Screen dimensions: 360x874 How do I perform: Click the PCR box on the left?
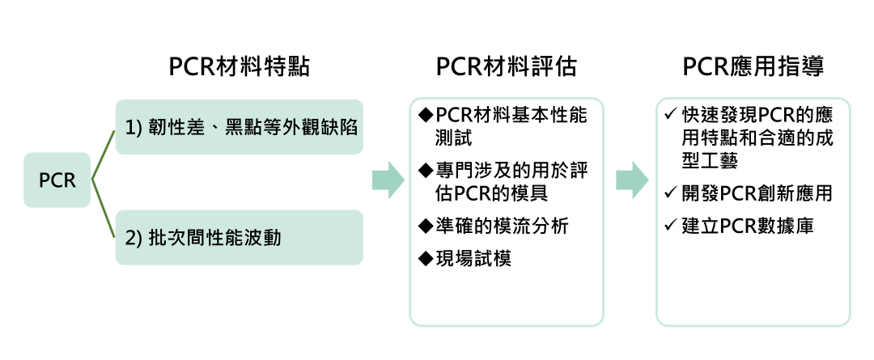(x=57, y=180)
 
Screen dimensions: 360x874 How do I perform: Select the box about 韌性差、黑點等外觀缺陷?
(x=239, y=127)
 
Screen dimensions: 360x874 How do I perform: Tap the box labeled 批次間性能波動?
(x=239, y=238)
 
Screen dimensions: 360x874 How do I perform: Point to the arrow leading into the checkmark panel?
(x=632, y=180)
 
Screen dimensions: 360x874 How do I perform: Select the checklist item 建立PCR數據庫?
(x=749, y=227)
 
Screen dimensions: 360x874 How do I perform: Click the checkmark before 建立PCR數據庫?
(x=669, y=227)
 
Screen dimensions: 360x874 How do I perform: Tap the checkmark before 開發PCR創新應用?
(x=669, y=194)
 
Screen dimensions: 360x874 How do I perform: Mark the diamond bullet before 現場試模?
(x=426, y=259)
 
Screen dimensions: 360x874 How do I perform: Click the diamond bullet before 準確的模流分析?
(x=426, y=226)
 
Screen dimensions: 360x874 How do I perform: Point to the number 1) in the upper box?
(x=134, y=128)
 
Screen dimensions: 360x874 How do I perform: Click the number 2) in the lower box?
(x=134, y=239)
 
